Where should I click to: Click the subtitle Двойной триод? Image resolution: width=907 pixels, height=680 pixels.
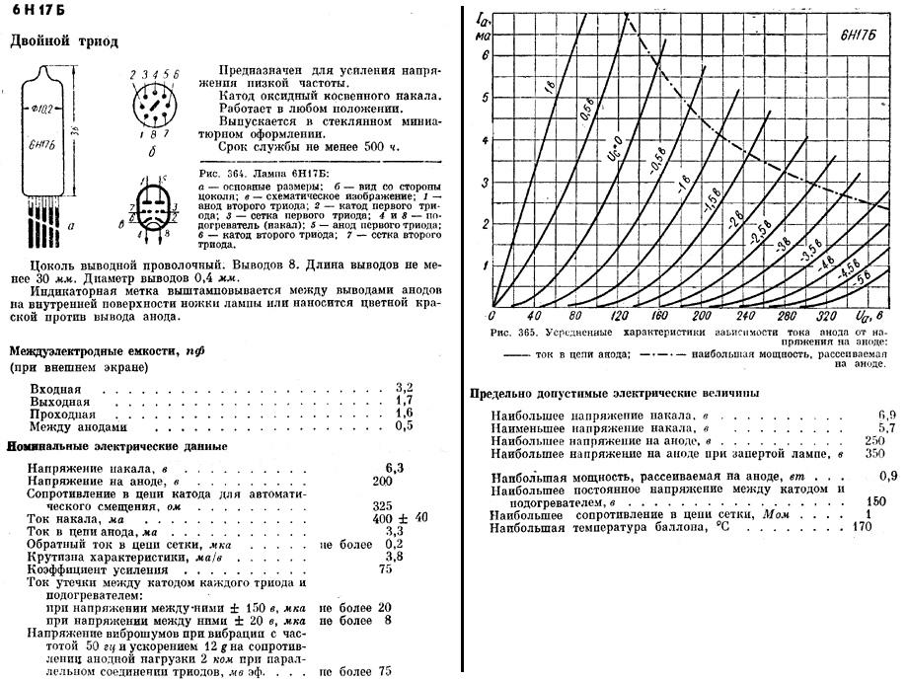63,41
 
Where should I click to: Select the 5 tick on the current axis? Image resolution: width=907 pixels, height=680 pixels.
485,98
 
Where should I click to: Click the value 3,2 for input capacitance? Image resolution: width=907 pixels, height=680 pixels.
403,386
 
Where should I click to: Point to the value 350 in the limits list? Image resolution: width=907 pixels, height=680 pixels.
874,454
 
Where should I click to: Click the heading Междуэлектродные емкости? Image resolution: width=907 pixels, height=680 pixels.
109,350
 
